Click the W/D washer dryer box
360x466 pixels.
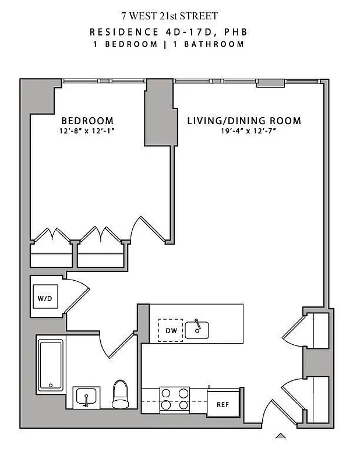tap(45, 298)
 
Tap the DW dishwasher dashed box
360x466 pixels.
tap(170, 331)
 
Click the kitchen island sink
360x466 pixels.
tap(197, 330)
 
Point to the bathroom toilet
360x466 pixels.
tap(120, 394)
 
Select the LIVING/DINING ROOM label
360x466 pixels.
tap(244, 121)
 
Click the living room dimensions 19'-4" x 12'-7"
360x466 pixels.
tap(244, 131)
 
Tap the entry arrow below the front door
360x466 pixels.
tap(281, 436)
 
